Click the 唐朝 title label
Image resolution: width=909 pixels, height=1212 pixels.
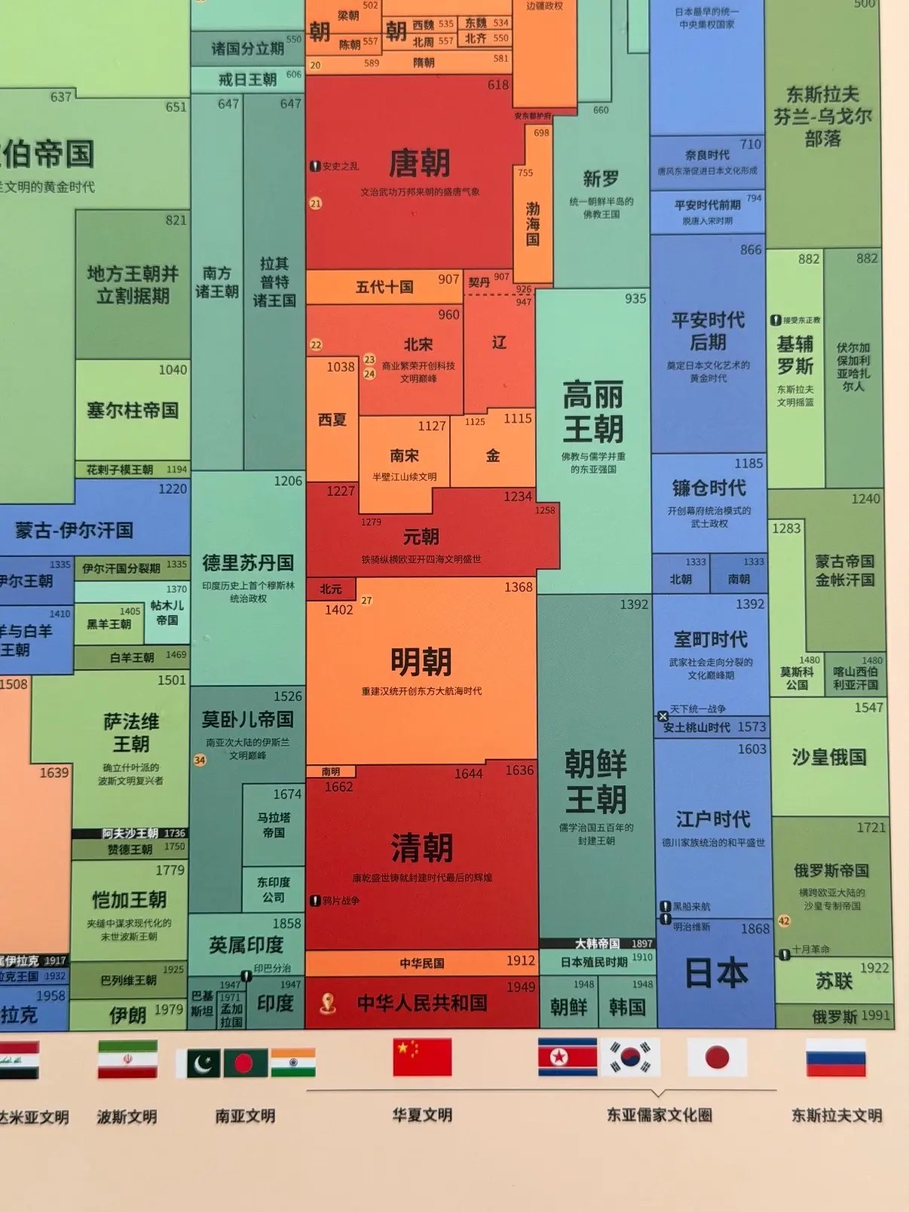pos(419,163)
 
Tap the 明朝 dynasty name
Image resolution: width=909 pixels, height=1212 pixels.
pos(421,662)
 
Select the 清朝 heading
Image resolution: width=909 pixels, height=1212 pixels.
pos(421,848)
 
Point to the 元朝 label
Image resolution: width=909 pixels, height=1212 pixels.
pos(421,537)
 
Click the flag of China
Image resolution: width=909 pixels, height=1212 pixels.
pos(422,1057)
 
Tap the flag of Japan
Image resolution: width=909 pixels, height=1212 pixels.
pos(717,1057)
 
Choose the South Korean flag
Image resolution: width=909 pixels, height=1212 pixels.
pos(630,1057)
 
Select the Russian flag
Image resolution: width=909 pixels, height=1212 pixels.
pos(835,1057)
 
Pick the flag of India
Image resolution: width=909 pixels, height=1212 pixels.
pos(293,1062)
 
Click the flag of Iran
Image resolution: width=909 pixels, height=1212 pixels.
pos(127,1059)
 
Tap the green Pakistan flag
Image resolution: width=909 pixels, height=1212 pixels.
pos(198,1063)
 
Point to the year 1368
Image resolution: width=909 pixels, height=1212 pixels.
pos(519,586)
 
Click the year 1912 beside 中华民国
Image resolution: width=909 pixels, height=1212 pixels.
pos(521,961)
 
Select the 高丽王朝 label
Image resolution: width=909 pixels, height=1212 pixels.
pos(593,412)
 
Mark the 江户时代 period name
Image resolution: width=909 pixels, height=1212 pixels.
pos(712,819)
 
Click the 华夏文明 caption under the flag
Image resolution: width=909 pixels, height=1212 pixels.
pos(422,1115)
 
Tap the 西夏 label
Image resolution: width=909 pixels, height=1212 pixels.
pos(332,419)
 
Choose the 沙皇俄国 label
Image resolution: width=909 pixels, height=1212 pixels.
pos(828,757)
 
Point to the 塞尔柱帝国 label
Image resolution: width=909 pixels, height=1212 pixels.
pos(133,410)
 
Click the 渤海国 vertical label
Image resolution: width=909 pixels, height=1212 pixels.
pos(533,224)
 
